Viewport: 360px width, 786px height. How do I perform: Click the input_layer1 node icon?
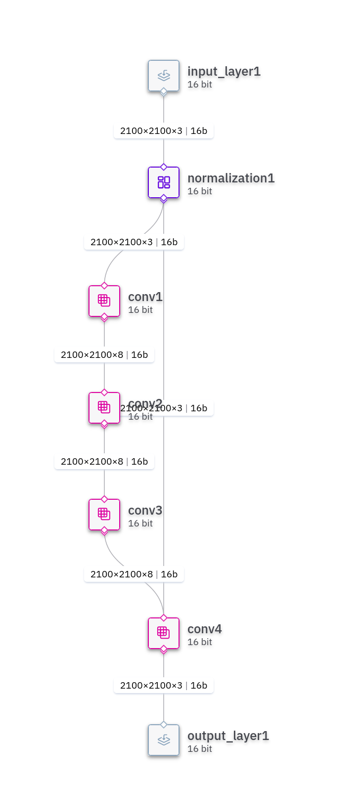tap(164, 76)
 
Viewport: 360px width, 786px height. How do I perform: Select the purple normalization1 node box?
tap(164, 182)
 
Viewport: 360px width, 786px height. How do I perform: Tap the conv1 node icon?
tap(104, 301)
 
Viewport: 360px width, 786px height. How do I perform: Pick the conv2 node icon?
tap(104, 408)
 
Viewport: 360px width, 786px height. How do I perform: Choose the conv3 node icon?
tap(104, 515)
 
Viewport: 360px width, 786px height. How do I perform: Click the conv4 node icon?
tap(164, 633)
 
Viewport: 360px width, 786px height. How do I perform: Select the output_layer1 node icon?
tap(164, 740)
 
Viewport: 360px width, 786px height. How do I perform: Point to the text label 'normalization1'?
tap(231, 178)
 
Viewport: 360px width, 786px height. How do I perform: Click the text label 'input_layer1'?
tap(224, 71)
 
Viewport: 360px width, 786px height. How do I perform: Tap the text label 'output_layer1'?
tap(228, 736)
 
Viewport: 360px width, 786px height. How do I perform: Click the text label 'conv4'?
tap(204, 629)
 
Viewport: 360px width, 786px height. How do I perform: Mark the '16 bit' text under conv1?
tap(140, 310)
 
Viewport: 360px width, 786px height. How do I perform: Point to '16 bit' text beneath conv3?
tap(140, 524)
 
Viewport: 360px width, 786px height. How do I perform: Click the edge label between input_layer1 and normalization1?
tap(164, 131)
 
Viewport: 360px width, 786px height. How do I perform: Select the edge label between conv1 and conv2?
tap(104, 355)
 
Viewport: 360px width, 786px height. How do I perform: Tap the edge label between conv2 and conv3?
tap(104, 462)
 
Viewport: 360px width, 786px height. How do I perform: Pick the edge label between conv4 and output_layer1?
tap(164, 686)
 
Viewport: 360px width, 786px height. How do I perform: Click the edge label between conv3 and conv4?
tap(134, 574)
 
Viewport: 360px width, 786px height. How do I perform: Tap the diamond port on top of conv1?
tap(104, 286)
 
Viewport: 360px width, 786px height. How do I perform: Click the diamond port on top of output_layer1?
tap(164, 725)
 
